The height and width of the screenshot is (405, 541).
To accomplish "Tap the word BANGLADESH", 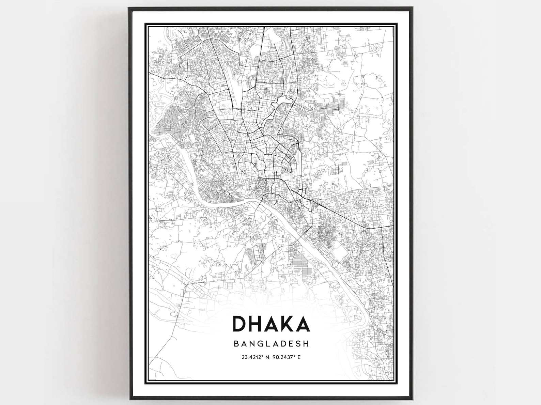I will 271,343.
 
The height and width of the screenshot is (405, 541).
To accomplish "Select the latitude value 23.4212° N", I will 255,357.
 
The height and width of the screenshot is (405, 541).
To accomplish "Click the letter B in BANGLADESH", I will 236,343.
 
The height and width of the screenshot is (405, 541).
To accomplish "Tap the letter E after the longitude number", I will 299,357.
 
